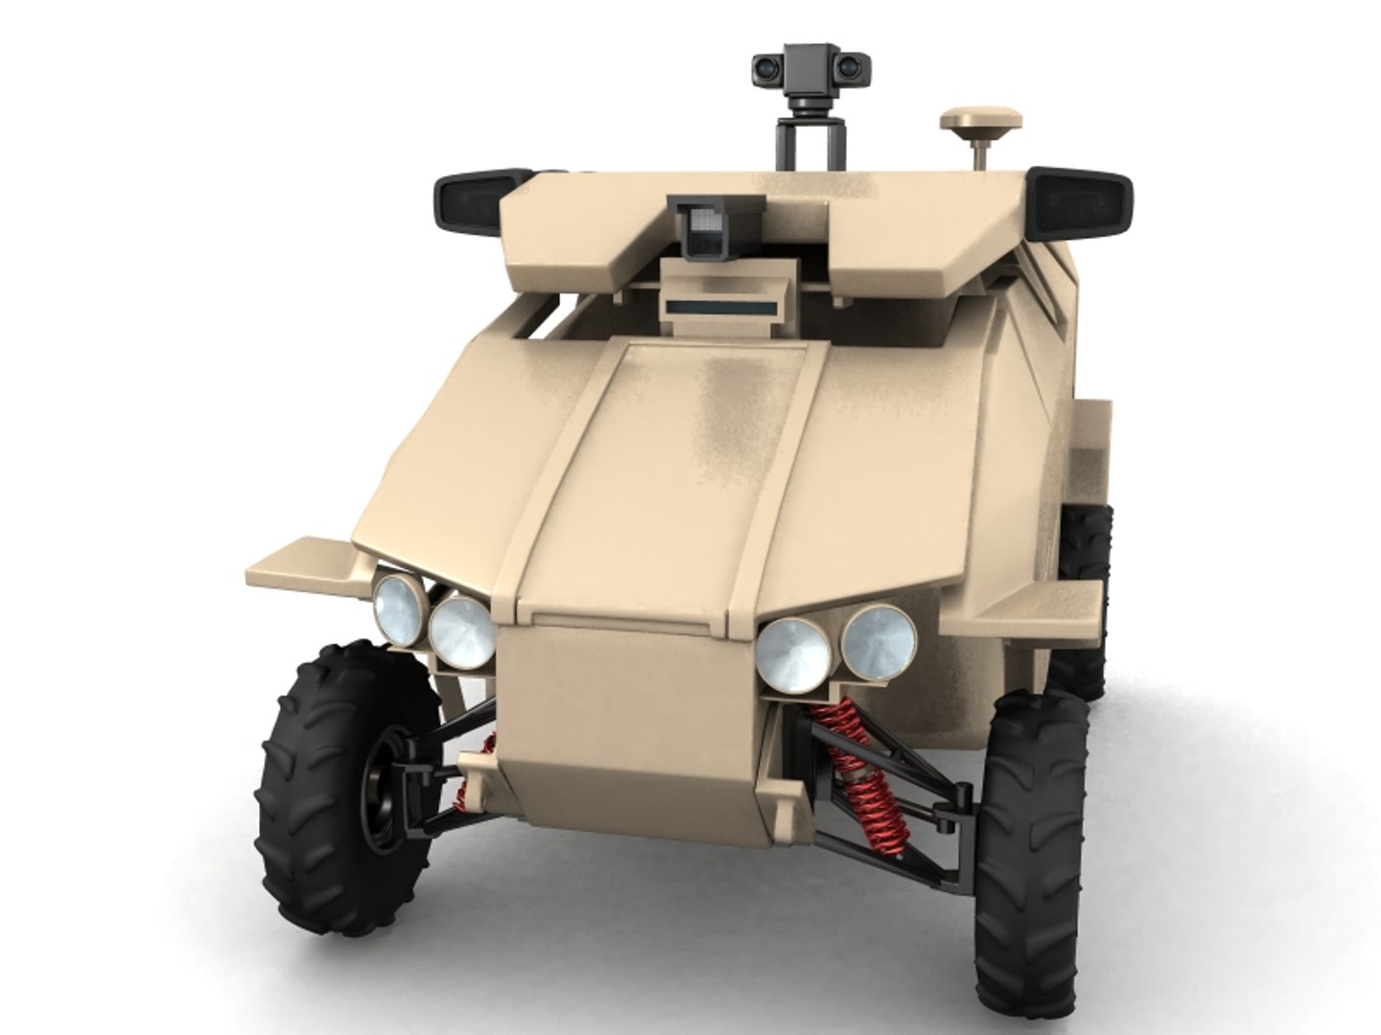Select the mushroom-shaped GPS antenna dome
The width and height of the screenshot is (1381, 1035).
(980, 124)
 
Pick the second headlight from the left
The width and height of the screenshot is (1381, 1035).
(460, 632)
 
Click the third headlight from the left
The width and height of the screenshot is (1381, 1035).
(793, 654)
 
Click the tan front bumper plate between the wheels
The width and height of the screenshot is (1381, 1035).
(628, 728)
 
